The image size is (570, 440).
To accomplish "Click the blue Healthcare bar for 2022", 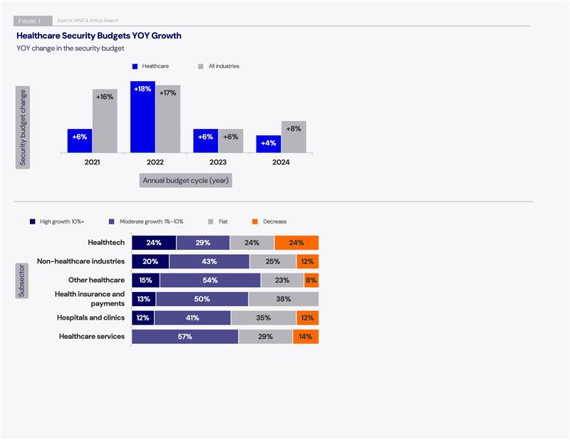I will click(x=142, y=117).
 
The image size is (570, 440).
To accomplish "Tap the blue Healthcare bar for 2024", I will click(x=269, y=144).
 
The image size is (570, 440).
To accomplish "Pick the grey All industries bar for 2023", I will click(x=231, y=140).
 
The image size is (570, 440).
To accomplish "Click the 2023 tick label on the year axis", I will click(x=218, y=163).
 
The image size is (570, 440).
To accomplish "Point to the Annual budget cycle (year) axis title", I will click(x=186, y=181).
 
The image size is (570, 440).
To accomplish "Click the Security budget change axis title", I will click(x=23, y=127).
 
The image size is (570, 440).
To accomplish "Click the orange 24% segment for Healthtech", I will click(x=296, y=243).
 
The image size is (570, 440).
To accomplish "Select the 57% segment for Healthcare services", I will click(x=185, y=337).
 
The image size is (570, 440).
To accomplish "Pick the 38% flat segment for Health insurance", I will click(x=284, y=299).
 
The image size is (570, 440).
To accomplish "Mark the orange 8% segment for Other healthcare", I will click(x=311, y=281).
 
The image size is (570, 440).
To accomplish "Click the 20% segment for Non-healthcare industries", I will click(x=150, y=261).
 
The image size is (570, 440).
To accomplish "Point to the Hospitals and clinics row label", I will click(x=91, y=318).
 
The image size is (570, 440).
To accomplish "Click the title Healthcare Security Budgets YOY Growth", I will click(x=99, y=36).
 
